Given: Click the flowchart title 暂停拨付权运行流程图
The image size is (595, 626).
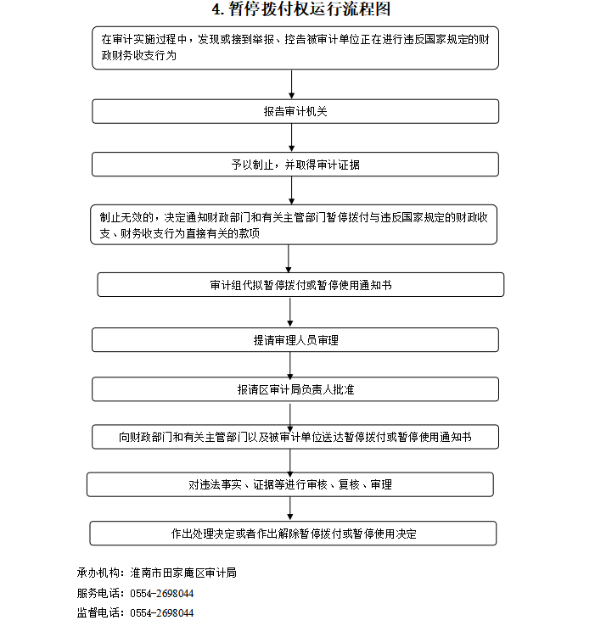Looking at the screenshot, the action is pos(310,8).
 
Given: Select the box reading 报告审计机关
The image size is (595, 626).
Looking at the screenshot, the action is pos(295,111).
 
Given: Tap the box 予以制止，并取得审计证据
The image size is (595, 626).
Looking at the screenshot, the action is pos(295,164).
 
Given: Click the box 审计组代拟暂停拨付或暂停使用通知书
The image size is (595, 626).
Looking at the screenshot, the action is pos(300,285).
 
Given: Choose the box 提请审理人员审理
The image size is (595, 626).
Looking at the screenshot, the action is pos(295,340).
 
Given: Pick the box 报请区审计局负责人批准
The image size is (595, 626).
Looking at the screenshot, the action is pos(295,389).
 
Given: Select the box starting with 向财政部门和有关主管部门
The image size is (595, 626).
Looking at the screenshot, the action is pos(295,437).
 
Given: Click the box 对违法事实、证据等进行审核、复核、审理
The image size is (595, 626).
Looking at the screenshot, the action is pos(290,484).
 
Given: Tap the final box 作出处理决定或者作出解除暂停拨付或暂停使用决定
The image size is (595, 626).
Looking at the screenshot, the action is pos(293,534).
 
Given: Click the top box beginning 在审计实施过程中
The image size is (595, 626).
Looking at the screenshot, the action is pos(295,48).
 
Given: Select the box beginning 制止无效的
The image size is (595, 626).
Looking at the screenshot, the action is pos(294,225).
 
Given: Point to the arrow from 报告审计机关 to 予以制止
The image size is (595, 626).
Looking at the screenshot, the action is pos(292,137).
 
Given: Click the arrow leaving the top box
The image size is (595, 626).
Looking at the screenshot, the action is pos(292,85).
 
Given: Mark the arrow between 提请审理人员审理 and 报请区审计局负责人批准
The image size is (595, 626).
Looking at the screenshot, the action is pos(290,366).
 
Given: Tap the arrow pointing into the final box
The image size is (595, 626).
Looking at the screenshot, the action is pos(290,509).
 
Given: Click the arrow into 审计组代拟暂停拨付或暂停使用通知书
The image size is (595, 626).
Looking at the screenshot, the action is pos(289,259).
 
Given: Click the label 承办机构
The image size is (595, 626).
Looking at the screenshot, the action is pos(98,573).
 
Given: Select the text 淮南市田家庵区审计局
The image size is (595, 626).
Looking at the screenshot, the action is pos(183,573).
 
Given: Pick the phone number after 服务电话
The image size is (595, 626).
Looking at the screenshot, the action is pos(162,593).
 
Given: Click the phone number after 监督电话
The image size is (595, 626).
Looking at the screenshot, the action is pos(162,612).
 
